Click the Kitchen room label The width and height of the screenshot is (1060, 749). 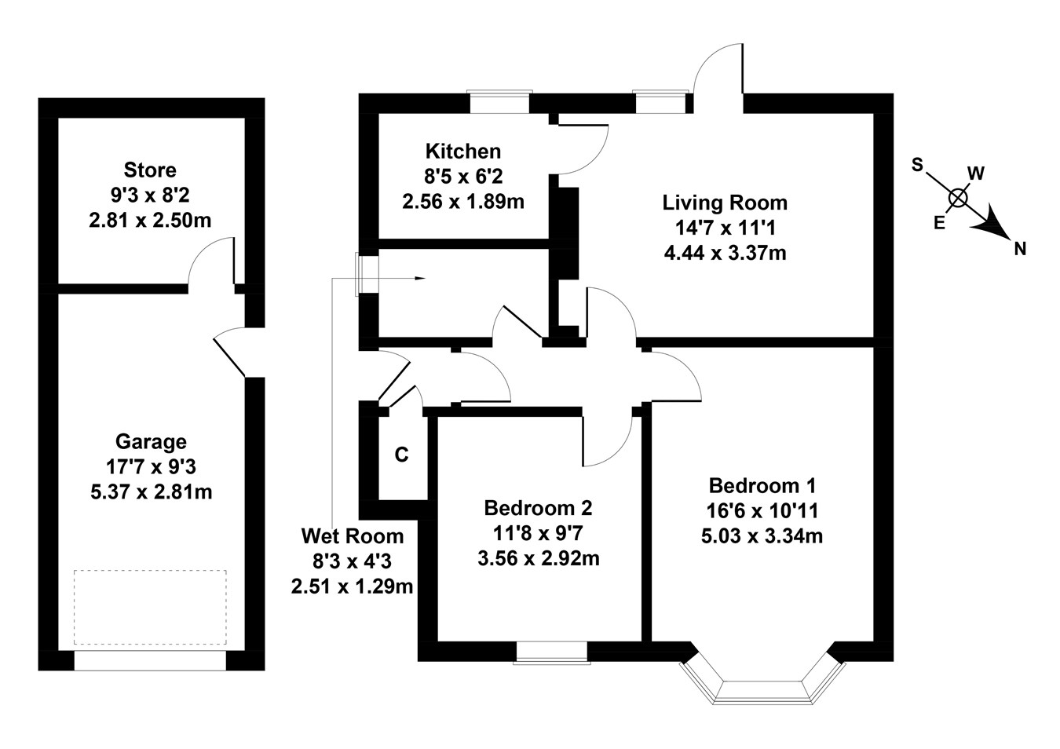[462, 152]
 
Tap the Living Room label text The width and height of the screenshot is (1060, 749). [725, 203]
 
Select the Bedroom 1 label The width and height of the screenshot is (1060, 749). [762, 486]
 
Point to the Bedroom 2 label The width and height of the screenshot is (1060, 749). [538, 508]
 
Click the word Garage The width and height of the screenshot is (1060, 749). [151, 442]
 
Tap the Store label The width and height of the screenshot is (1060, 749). [150, 170]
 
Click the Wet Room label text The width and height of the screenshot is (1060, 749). [353, 536]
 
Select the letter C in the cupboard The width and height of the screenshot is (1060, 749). [401, 455]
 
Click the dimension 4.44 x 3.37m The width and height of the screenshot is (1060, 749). [725, 253]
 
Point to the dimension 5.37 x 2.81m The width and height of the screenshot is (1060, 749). [151, 492]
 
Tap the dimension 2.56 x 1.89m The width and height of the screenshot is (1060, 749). [462, 202]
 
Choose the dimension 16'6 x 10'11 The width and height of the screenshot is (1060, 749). [762, 511]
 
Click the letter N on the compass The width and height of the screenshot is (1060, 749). [1020, 249]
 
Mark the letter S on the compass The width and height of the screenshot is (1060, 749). [917, 165]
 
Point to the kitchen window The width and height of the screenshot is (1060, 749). [499, 102]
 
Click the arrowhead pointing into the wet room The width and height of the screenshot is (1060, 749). [420, 278]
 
